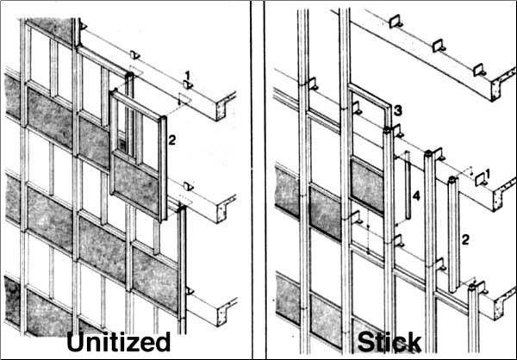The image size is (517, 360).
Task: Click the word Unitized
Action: pyautogui.click(x=119, y=342)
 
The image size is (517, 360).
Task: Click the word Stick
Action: pyautogui.click(x=389, y=342)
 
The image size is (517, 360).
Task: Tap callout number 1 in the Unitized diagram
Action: pyautogui.click(x=188, y=76)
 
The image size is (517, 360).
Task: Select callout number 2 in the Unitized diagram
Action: pyautogui.click(x=171, y=140)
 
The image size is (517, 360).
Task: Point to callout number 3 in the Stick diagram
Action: pyautogui.click(x=398, y=111)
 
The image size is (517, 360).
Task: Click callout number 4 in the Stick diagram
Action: pyautogui.click(x=416, y=196)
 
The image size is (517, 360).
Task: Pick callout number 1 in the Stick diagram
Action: pyautogui.click(x=488, y=173)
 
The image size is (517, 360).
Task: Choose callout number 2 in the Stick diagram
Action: pyautogui.click(x=465, y=239)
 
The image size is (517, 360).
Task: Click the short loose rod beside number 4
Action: pyautogui.click(x=408, y=185)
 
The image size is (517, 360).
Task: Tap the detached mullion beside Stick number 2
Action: pyautogui.click(x=453, y=235)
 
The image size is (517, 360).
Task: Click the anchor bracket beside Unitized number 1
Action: pyautogui.click(x=188, y=85)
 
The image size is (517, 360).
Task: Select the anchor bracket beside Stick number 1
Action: pyautogui.click(x=481, y=181)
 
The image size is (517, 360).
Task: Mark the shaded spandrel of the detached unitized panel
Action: pyautogui.click(x=136, y=185)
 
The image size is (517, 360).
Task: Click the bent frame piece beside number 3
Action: pyautogui.click(x=371, y=99)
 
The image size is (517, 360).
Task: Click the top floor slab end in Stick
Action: pyautogui.click(x=502, y=84)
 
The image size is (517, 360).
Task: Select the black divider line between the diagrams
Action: pyautogui.click(x=251, y=180)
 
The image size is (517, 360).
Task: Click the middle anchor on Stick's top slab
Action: pyautogui.click(x=439, y=46)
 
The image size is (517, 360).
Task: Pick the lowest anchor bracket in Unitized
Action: pyautogui.click(x=190, y=291)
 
